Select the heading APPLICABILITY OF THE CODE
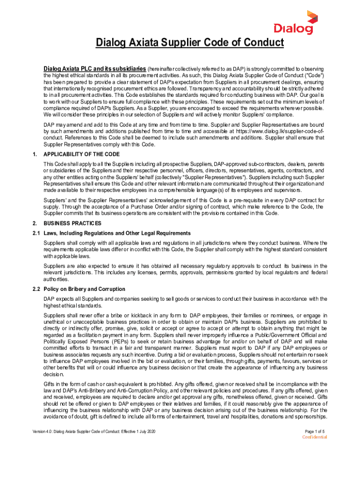pyautogui.click(x=81, y=154)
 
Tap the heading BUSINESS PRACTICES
pyautogui.click(x=72, y=223)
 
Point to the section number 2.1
pyautogui.click(x=36, y=233)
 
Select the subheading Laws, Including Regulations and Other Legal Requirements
pyautogui.click(x=117, y=233)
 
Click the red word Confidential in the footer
pyautogui.click(x=315, y=437)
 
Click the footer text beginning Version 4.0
pyautogui.click(x=94, y=430)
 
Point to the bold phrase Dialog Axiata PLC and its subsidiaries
pyautogui.click(x=95, y=68)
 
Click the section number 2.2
pyautogui.click(x=36, y=289)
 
